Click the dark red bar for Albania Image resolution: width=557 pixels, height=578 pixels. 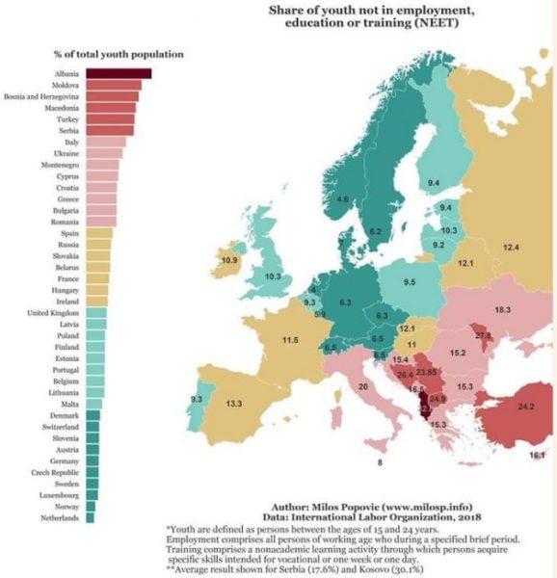click(118, 72)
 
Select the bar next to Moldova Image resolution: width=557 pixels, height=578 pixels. click(113, 85)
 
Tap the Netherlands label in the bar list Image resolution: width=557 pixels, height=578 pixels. click(61, 518)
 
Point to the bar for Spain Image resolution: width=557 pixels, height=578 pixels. click(99, 233)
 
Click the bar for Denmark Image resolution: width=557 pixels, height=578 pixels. click(93, 415)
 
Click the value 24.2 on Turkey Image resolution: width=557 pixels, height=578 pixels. click(526, 407)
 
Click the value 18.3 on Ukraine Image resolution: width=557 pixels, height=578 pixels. click(501, 310)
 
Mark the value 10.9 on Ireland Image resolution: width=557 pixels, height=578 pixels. click(229, 261)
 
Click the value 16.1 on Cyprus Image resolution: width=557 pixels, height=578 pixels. click(537, 455)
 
